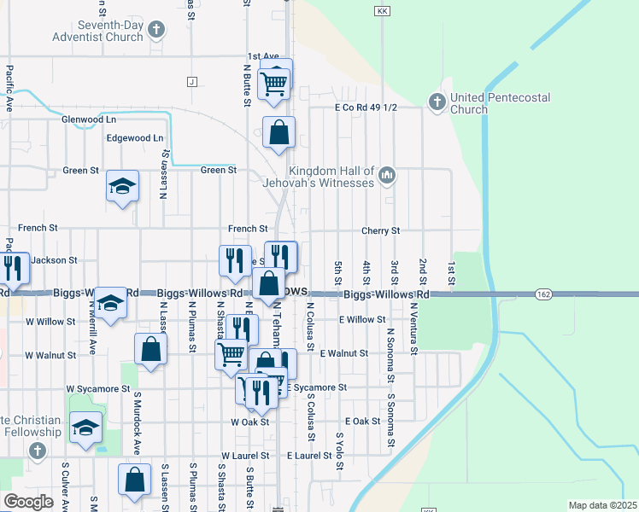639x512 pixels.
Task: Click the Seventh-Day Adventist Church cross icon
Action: pyautogui.click(x=155, y=31)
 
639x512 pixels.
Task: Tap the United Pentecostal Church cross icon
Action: pyautogui.click(x=437, y=102)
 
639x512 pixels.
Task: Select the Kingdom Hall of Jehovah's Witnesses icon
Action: pyautogui.click(x=387, y=176)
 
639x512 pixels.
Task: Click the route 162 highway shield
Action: pyautogui.click(x=544, y=294)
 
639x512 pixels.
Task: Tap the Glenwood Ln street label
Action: pyautogui.click(x=88, y=119)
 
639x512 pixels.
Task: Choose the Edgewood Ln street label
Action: pyautogui.click(x=134, y=138)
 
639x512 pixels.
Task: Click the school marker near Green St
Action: pyautogui.click(x=122, y=187)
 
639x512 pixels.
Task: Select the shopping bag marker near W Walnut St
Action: pyautogui.click(x=150, y=350)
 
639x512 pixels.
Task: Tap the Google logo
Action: pyautogui.click(x=28, y=501)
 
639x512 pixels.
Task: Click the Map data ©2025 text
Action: pyautogui.click(x=602, y=505)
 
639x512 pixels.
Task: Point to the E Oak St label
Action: pyautogui.click(x=362, y=422)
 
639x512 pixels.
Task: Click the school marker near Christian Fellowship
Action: pyautogui.click(x=85, y=428)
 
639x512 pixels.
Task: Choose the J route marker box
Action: pyautogui.click(x=191, y=82)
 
